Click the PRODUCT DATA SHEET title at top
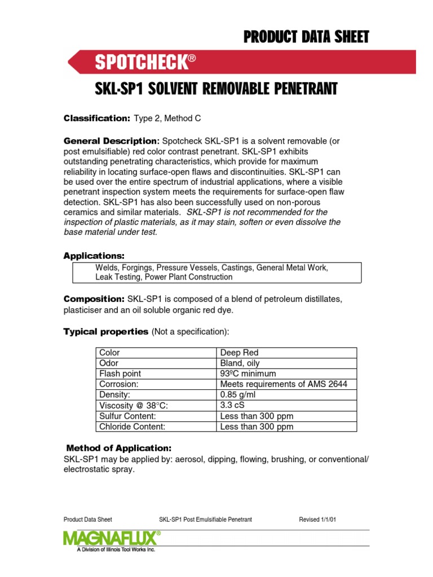[x=306, y=37]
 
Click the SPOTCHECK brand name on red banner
[x=140, y=63]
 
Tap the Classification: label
[x=97, y=118]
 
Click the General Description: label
[x=112, y=140]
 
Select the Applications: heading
[x=94, y=256]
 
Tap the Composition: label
[x=94, y=298]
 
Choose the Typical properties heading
[x=105, y=331]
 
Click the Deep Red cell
[x=239, y=353]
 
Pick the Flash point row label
[x=120, y=374]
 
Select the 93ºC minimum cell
[x=248, y=374]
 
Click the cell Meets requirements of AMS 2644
[x=284, y=384]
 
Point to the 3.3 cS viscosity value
[x=232, y=405]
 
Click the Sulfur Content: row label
[x=127, y=416]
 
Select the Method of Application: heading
[x=118, y=448]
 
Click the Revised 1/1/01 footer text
[x=317, y=520]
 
